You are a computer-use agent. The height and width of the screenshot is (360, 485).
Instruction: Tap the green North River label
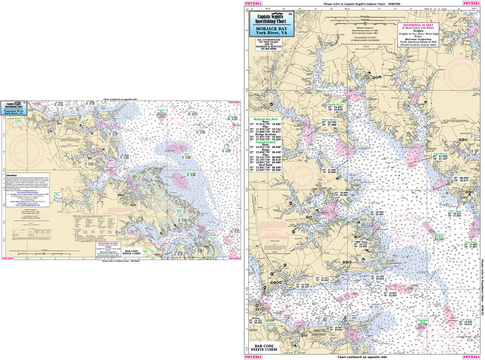coord(336,105)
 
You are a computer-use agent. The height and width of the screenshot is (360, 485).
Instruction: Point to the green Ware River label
coord(330,119)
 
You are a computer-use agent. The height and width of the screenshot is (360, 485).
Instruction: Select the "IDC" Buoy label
coord(454,211)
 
